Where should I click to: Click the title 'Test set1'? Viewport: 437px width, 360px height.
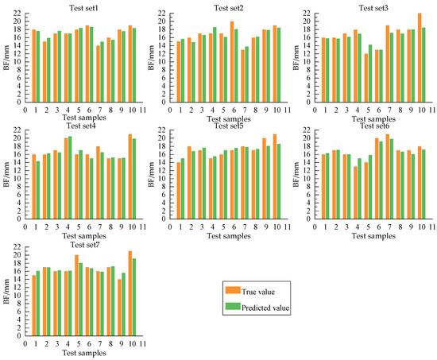[x=78, y=6]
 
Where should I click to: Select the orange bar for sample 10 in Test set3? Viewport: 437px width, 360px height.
[x=419, y=58]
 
